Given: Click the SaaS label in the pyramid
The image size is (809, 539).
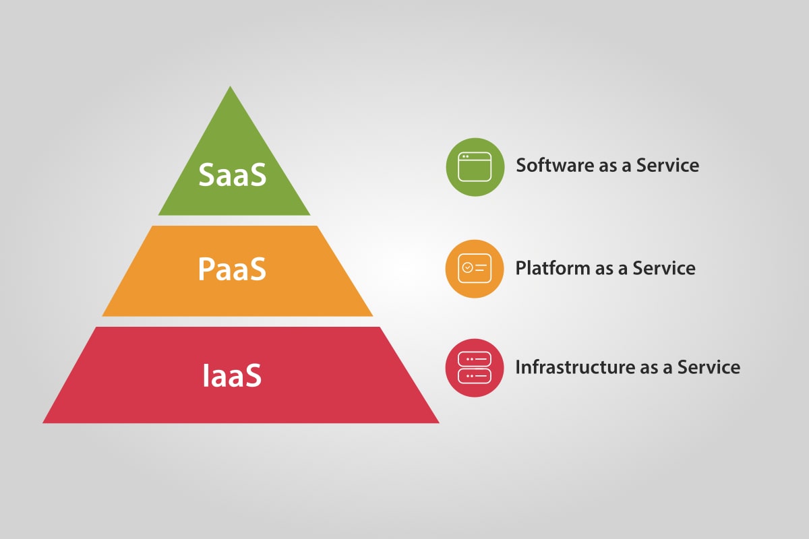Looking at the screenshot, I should (x=233, y=175).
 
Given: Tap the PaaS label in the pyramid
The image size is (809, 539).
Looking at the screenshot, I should (x=233, y=269).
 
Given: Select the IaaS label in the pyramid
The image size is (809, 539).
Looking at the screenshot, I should (x=232, y=375).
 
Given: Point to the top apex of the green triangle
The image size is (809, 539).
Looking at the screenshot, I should (x=231, y=88).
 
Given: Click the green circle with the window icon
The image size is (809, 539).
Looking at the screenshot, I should (x=475, y=167).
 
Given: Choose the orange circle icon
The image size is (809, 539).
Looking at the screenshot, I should (x=475, y=268).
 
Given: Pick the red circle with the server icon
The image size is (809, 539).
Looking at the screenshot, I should (x=475, y=367).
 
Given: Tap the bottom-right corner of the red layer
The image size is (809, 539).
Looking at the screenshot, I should (x=438, y=422).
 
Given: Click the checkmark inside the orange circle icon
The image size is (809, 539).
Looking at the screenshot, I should (x=467, y=267).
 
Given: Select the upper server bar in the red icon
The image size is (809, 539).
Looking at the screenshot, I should (x=475, y=360).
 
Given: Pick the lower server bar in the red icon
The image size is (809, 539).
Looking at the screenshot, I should (x=475, y=375).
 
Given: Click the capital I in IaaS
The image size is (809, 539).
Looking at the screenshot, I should (x=206, y=375).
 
